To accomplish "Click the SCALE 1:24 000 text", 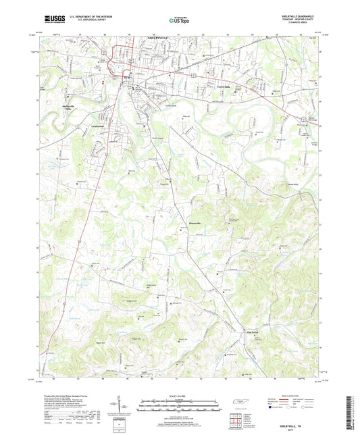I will click(180, 394).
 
